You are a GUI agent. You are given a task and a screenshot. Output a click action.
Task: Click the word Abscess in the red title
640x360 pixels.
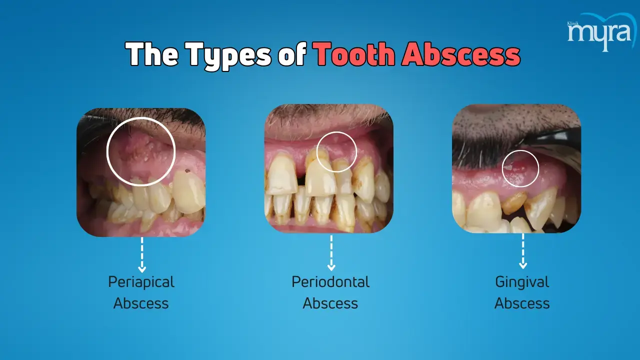pyautogui.click(x=461, y=54)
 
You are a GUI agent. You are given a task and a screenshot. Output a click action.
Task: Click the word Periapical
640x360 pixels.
pyautogui.click(x=141, y=282)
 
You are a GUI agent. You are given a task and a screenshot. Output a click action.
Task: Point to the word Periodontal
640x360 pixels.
pyautogui.click(x=330, y=281)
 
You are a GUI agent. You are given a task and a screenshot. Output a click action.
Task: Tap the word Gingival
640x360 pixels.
pyautogui.click(x=522, y=282)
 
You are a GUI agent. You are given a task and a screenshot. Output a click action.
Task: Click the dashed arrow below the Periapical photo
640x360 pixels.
pyautogui.click(x=142, y=255)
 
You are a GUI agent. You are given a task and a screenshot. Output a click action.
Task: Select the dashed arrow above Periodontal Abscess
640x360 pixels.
pyautogui.click(x=331, y=253)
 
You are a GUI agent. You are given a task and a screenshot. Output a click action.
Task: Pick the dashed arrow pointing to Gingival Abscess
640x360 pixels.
pyautogui.click(x=523, y=251)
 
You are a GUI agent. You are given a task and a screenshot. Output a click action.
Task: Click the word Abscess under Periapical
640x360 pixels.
pyautogui.click(x=141, y=303)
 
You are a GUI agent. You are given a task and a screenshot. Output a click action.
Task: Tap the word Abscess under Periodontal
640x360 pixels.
pyautogui.click(x=330, y=303)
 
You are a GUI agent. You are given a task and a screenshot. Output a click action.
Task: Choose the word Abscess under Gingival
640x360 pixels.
pyautogui.click(x=522, y=303)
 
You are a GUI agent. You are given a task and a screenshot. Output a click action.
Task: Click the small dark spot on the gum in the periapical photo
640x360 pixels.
pyautogui.click(x=187, y=171)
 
